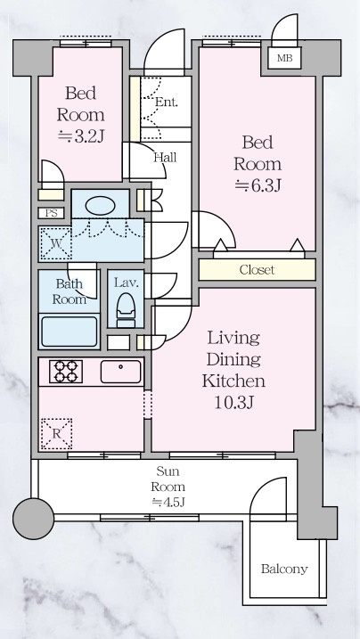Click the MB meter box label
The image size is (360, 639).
(284, 58)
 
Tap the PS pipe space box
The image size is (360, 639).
(52, 213)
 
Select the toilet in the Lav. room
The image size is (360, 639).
(126, 310)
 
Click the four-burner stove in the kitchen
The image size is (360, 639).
(66, 372)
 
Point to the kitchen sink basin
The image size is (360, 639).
(121, 372)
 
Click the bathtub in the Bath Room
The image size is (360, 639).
(70, 332)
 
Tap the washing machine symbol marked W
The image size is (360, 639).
(56, 244)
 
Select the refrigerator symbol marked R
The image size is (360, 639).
(56, 434)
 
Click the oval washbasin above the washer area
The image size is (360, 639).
(100, 205)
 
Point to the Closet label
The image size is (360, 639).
(257, 270)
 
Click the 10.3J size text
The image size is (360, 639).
(233, 403)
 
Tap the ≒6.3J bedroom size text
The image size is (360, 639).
(258, 185)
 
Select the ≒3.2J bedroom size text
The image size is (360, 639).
(81, 136)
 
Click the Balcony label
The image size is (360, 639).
(284, 569)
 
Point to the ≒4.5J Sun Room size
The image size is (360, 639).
(168, 502)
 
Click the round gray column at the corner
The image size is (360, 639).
(33, 519)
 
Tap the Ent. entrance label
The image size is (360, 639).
(167, 102)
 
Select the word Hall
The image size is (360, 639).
(165, 158)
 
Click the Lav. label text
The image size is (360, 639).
(127, 283)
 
